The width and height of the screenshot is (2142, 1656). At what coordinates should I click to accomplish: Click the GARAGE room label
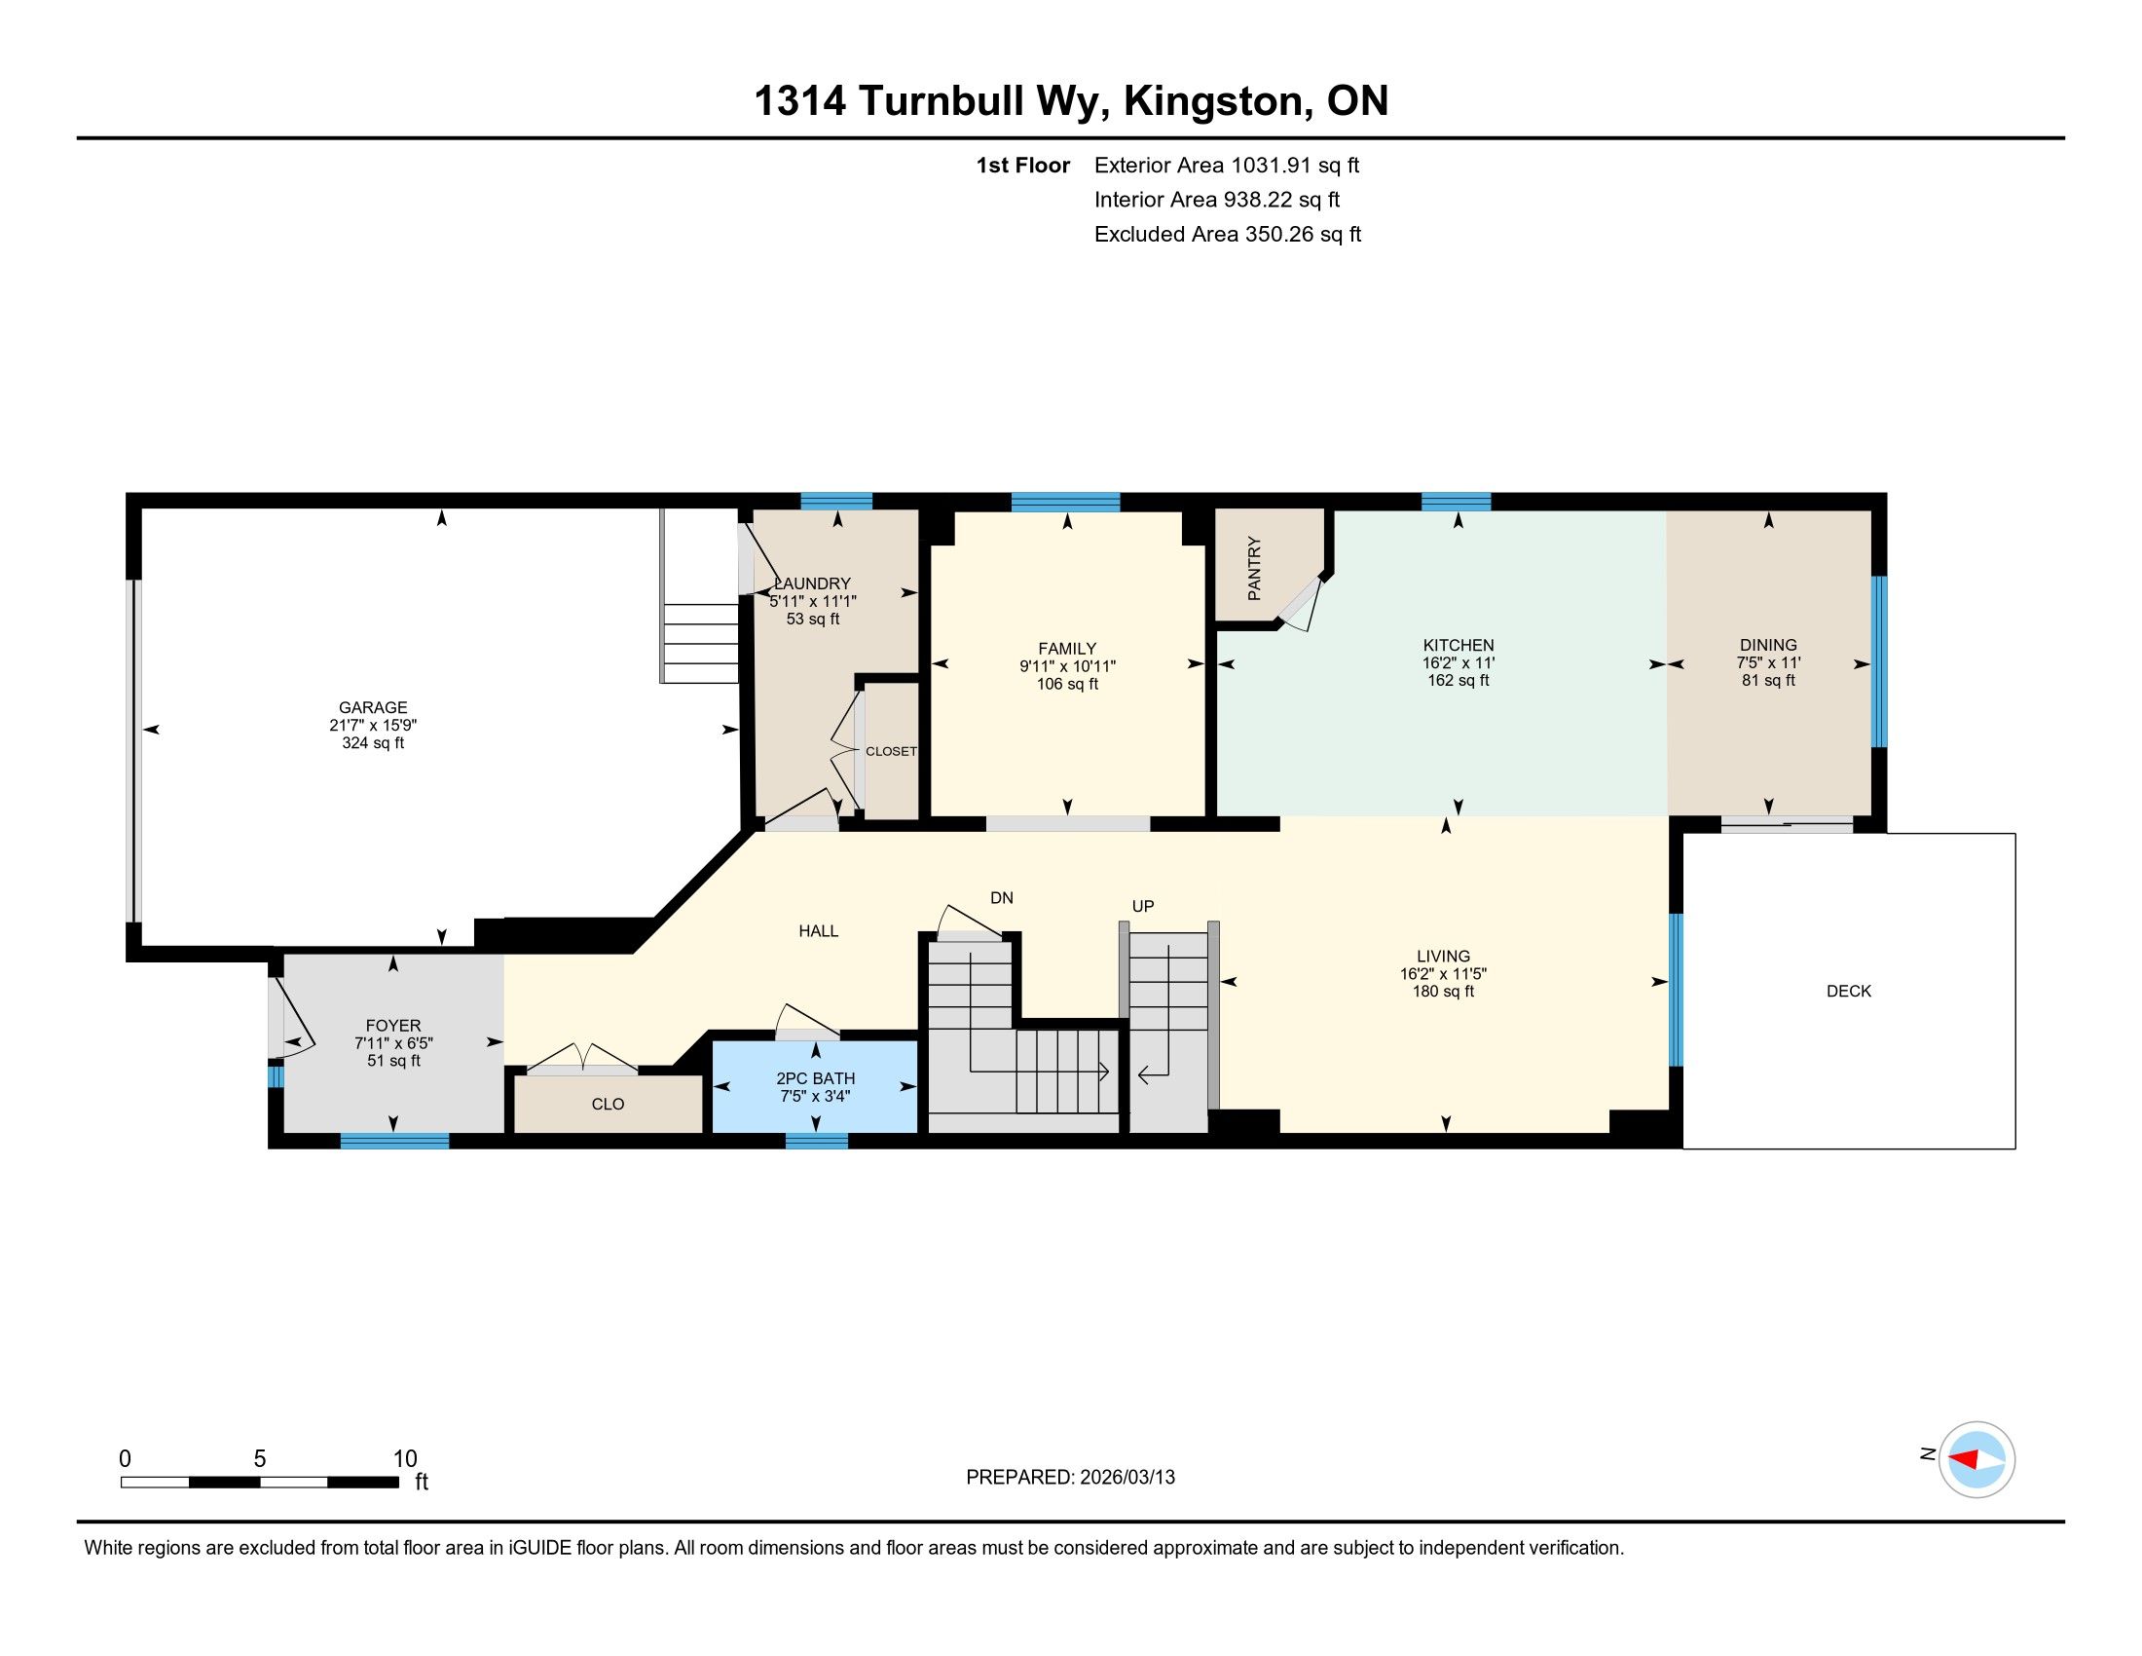pos(373,707)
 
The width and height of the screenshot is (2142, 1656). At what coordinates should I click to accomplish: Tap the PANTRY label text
pos(1254,568)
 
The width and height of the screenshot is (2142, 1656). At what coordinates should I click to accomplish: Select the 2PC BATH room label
pos(816,1078)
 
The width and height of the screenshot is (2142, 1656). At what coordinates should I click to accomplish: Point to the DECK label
pos(1849,991)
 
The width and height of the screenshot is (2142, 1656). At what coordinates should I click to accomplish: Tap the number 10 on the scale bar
pos(405,1459)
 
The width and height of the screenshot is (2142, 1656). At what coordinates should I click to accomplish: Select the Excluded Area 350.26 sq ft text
pos(1228,235)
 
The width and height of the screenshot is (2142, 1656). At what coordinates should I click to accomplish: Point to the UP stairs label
pos(1143,907)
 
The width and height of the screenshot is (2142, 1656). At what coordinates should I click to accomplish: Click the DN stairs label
pos(1001,898)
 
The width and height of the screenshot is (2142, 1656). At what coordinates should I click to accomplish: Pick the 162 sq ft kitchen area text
pos(1459,681)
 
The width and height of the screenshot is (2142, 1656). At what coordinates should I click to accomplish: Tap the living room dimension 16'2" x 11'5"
pos(1444,974)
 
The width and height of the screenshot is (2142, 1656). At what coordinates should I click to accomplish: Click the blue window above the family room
pos(1065,503)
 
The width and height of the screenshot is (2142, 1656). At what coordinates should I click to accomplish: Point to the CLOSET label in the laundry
pos(891,751)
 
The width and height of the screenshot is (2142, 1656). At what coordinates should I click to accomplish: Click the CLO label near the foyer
pos(609,1105)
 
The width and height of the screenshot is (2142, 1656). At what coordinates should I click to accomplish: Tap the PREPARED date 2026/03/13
pos(1126,1478)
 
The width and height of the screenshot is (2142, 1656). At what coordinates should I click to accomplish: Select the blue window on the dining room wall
pos(1879,661)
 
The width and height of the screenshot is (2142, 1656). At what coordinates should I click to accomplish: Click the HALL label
pos(819,931)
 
